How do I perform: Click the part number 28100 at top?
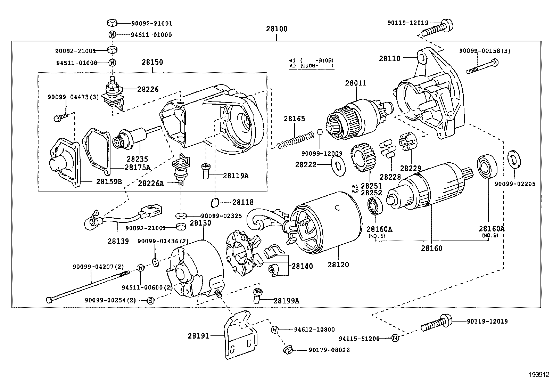[277, 29]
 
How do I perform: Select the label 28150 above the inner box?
[152, 62]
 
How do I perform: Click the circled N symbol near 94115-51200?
[395, 338]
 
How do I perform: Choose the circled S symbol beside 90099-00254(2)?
[150, 300]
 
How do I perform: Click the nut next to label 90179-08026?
[288, 349]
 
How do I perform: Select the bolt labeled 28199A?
[258, 296]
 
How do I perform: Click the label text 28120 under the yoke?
[338, 265]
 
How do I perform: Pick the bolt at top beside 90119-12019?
[437, 29]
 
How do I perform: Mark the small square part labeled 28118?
[215, 202]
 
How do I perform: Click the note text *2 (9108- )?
[311, 65]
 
